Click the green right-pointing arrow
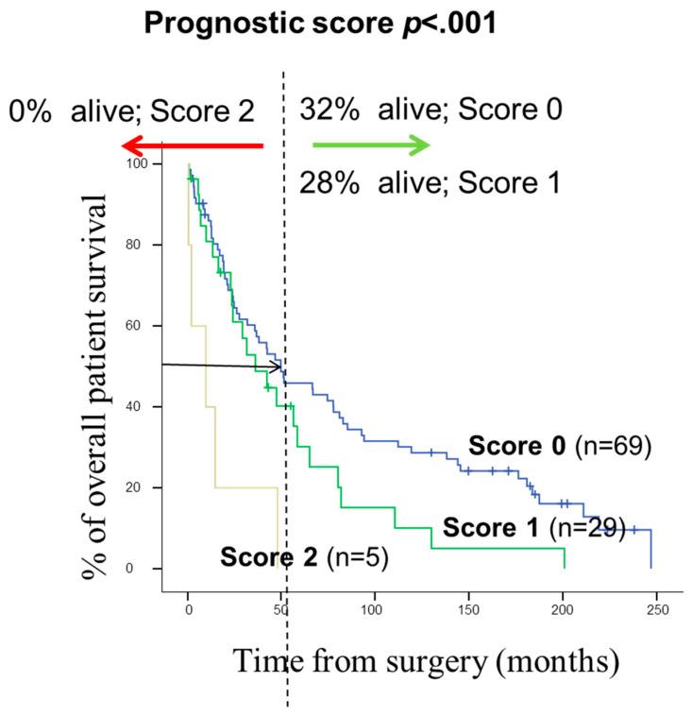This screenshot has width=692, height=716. click(x=371, y=145)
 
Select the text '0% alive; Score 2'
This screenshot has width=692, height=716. click(x=131, y=111)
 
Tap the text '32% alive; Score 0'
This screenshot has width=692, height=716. click(x=431, y=111)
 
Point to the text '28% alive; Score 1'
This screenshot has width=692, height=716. click(x=430, y=180)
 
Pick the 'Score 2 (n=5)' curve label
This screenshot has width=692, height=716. click(x=305, y=557)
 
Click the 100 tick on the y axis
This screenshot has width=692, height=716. click(x=140, y=164)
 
